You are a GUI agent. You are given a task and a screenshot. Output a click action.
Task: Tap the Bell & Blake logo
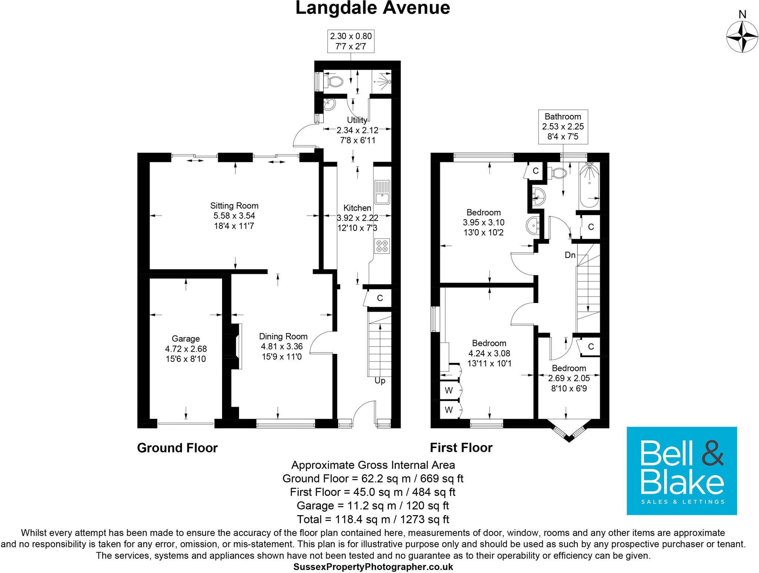[682, 471]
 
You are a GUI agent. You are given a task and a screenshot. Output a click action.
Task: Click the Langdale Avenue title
[372, 8]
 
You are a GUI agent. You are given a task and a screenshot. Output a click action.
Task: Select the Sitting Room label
[234, 206]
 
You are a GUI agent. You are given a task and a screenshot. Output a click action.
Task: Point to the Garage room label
[186, 339]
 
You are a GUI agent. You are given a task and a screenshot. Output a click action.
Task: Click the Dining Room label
[283, 336]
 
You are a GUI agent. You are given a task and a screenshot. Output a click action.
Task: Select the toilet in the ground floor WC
[335, 81]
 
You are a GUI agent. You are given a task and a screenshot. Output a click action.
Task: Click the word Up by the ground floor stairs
[380, 381]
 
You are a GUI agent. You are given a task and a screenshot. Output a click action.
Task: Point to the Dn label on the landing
[570, 255]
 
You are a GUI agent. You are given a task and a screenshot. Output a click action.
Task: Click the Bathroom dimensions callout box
[563, 126]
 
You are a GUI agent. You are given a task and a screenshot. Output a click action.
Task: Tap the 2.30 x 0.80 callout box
[351, 41]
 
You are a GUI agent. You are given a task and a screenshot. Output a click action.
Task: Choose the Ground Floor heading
[177, 448]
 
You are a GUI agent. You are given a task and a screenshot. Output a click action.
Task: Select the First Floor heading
[461, 448]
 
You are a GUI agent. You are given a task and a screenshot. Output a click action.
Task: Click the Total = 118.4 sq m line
[372, 519]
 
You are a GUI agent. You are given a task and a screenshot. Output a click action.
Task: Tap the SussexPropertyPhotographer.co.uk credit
[373, 567]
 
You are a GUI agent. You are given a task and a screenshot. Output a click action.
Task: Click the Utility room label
[357, 120]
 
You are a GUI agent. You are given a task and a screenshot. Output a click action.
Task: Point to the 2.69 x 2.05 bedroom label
[569, 378]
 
